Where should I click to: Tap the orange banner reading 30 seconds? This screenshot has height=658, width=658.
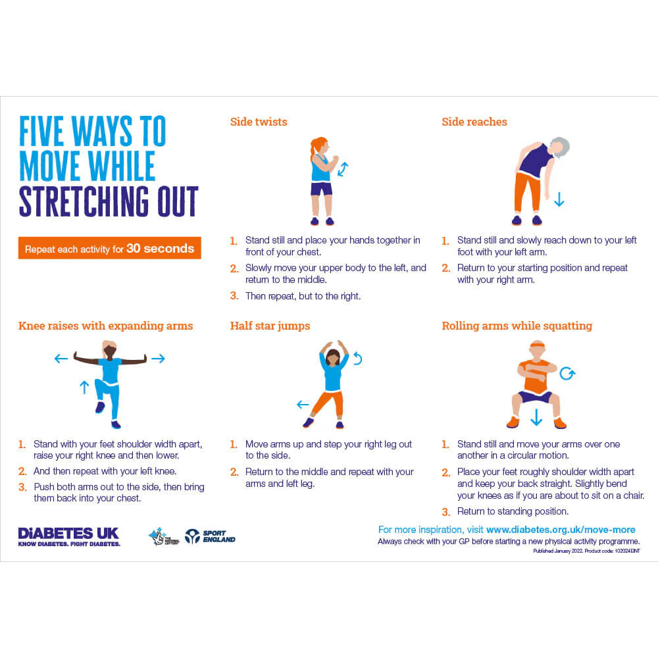coord(109,249)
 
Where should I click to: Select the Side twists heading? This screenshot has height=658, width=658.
coord(259,122)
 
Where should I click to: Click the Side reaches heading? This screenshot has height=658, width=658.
coord(474,122)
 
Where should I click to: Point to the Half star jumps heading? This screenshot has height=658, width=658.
coord(270,326)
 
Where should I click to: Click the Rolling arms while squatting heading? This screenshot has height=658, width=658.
coord(517,326)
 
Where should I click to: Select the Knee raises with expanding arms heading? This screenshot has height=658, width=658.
coord(105,326)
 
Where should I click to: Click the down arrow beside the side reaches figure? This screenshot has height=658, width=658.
coord(559,199)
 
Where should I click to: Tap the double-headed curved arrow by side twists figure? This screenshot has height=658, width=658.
coord(343,169)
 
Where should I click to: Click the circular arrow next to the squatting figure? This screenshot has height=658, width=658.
coord(567,374)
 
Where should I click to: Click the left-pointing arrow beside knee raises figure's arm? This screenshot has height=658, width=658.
coord(61,359)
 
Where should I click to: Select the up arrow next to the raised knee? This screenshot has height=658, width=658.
coord(84,387)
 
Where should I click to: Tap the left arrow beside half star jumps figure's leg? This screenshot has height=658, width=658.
coord(303,405)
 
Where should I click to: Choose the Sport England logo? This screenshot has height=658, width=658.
coord(209,536)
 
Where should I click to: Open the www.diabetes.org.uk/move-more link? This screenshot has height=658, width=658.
coord(561,530)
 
